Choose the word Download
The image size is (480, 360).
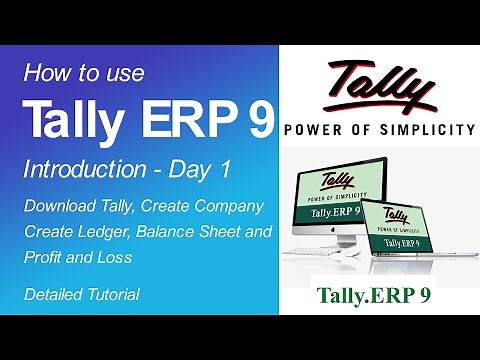pyautogui.click(x=65, y=206)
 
